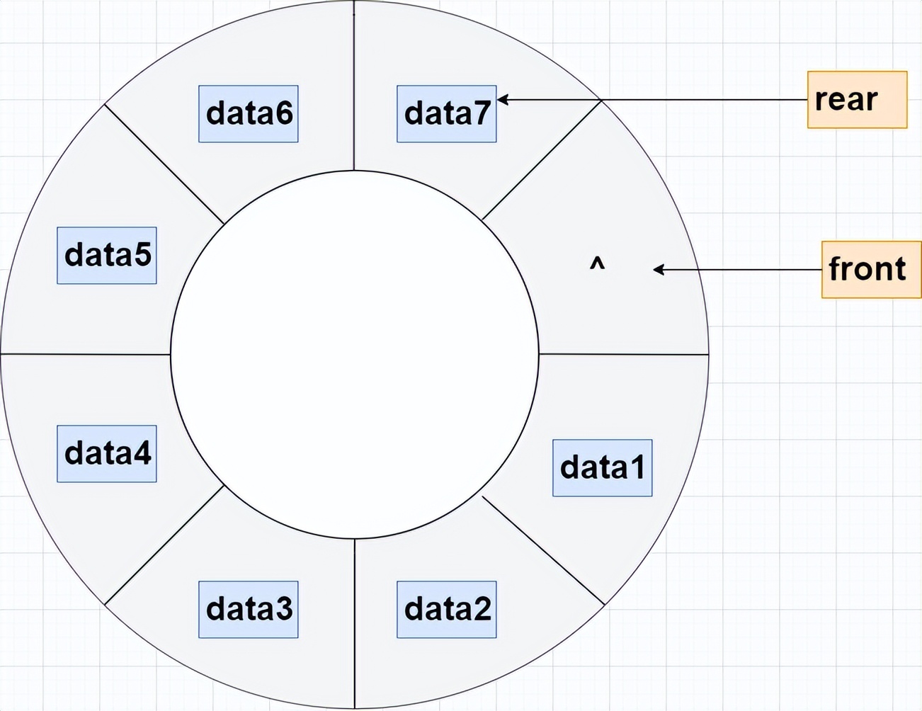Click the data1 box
point(602,467)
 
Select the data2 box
point(446,609)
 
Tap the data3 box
point(248,609)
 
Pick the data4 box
point(106,453)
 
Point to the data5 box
point(106,255)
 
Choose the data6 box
point(248,113)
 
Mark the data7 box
point(446,113)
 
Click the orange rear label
point(857,99)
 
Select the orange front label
point(871,269)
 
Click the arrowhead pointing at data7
point(503,99)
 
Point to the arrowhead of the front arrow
point(658,269)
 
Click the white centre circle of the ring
point(354,354)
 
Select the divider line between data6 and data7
point(354,85)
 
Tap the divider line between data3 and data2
point(355,623)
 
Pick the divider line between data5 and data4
point(85,353)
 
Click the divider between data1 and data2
point(543,550)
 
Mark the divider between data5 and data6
point(164,164)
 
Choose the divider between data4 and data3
point(164,545)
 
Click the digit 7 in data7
point(482,113)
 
